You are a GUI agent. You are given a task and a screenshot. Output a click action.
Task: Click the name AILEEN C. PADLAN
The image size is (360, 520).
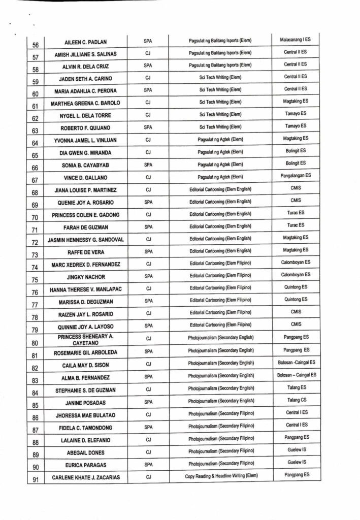[x=86, y=42]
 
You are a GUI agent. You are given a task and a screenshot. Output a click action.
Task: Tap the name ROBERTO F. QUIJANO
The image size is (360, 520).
[x=86, y=127]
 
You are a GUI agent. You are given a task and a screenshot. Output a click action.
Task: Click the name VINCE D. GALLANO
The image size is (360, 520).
[x=86, y=177]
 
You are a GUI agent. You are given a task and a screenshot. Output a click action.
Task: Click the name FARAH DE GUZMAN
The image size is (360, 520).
[x=86, y=227]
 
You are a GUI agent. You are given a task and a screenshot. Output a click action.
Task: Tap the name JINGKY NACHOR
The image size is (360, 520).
[x=86, y=277]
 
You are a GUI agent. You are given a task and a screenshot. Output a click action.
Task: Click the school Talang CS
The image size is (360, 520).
[x=295, y=400]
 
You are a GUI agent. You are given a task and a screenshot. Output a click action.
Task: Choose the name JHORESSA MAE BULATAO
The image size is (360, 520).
[x=86, y=415]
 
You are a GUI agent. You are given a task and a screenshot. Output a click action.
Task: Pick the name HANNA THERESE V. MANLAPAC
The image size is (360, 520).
[x=86, y=289]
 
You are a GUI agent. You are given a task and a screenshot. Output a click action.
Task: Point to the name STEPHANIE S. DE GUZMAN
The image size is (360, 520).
[x=86, y=390]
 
